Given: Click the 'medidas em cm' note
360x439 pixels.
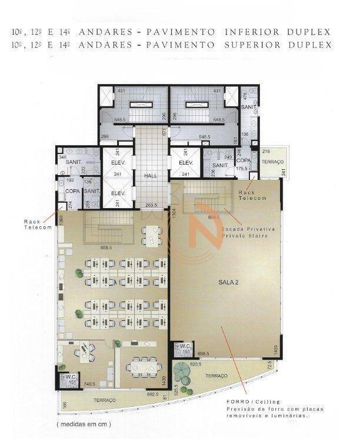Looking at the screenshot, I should pos(83,423).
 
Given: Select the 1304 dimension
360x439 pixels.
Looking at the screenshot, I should pos(174,214).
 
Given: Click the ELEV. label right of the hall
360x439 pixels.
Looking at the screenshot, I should pos(186,162).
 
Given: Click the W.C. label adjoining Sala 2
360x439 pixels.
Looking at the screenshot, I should pos(184,346).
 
